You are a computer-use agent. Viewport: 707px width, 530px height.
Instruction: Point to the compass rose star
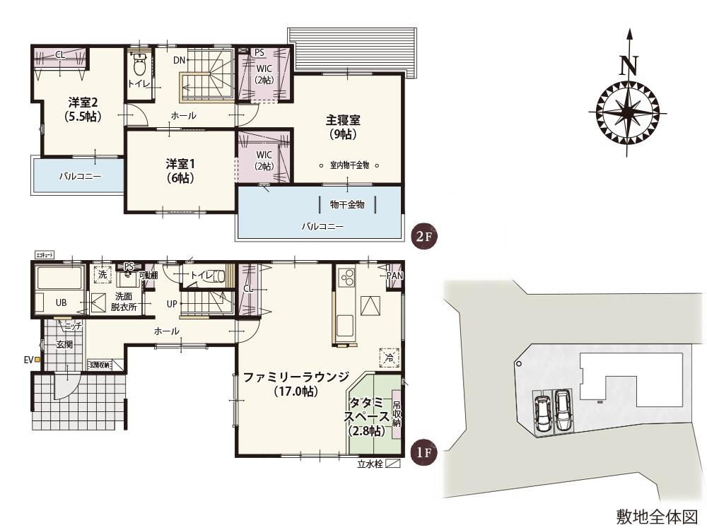pos(629,113)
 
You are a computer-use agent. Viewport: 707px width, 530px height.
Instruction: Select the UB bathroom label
pos(62,302)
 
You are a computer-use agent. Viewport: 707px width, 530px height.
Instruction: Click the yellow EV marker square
pos(37,360)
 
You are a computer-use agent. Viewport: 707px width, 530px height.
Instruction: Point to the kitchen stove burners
pos(347,278)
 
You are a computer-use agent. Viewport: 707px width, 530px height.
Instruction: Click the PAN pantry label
pos(394,276)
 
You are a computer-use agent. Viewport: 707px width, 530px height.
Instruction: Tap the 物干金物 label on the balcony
pos(347,205)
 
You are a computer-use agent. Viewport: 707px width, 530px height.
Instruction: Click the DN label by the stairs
pos(179,60)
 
